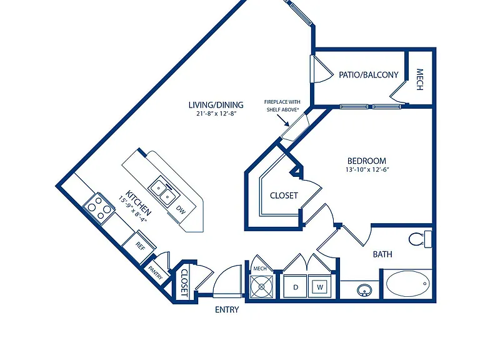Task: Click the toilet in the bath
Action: [x=420, y=239]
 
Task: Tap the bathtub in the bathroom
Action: [x=407, y=284]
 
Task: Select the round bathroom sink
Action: [x=364, y=289]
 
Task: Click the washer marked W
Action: [x=320, y=287]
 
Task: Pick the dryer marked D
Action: [x=295, y=287]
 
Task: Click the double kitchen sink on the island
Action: [x=162, y=192]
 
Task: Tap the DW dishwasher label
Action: [x=181, y=210]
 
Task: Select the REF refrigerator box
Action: [x=139, y=247]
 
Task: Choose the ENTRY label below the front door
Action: [x=227, y=310]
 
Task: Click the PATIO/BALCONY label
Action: [x=369, y=75]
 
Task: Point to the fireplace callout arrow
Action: [x=283, y=121]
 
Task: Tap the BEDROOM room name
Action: [x=367, y=161]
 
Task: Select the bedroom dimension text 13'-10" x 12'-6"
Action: [x=367, y=169]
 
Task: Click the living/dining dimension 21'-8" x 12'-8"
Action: [x=216, y=114]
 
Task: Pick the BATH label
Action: [x=382, y=254]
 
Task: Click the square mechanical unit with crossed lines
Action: [x=261, y=286]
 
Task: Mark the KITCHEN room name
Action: [x=138, y=203]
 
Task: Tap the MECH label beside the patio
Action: [x=420, y=79]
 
